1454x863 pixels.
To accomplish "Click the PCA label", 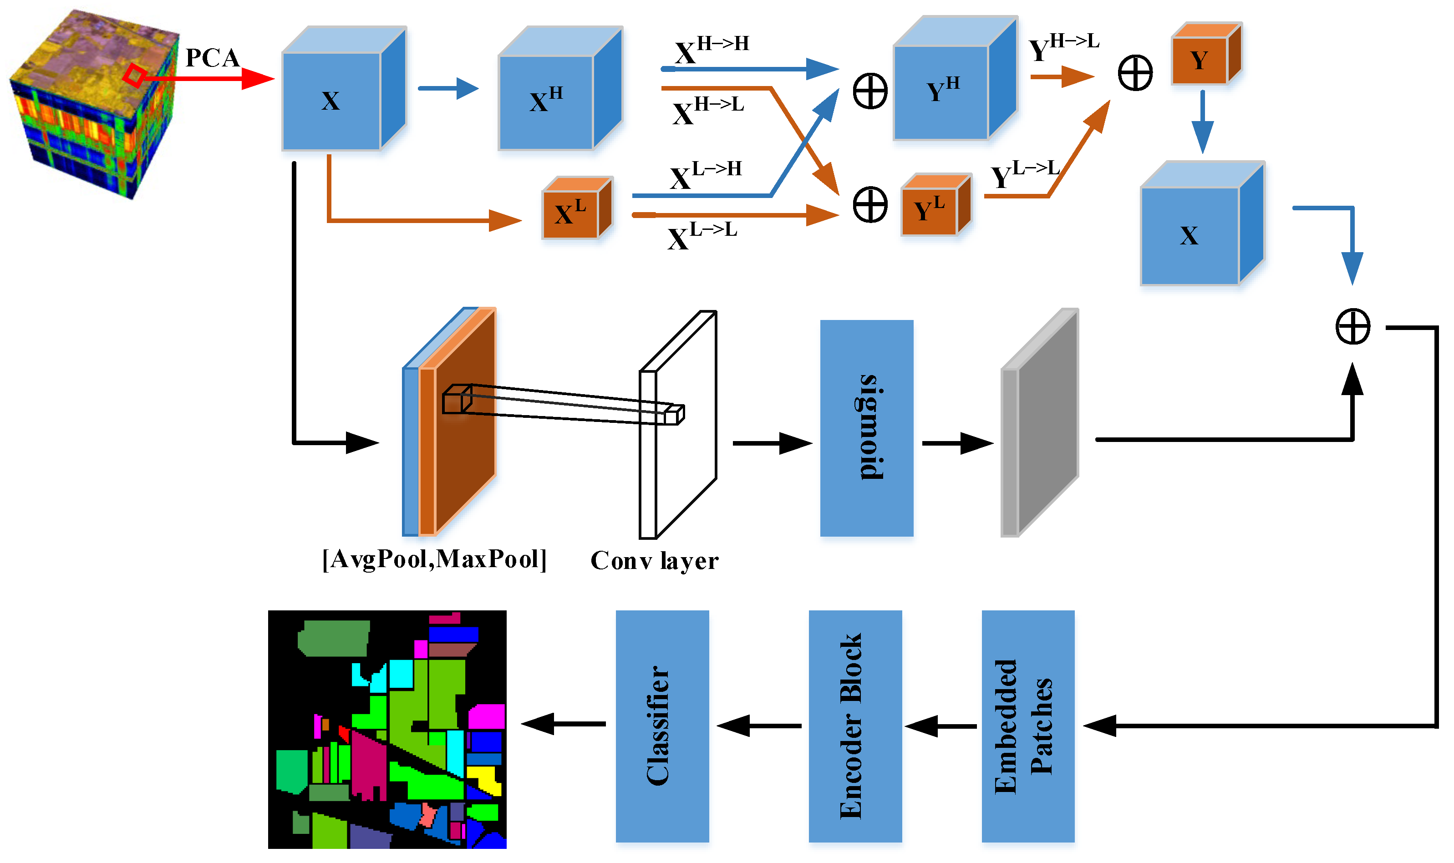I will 212,58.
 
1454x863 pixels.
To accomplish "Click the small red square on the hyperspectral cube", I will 135,76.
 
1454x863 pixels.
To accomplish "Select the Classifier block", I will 662,726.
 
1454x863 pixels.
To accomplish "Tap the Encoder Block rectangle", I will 855,726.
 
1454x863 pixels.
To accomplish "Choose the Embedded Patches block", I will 1028,726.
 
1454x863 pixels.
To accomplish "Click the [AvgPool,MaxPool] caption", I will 434,559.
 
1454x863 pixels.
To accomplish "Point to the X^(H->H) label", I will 711,50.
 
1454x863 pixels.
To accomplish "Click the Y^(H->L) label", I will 1063,48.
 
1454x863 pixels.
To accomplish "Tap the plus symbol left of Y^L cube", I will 870,205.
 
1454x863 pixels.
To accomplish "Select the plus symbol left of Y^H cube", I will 870,91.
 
